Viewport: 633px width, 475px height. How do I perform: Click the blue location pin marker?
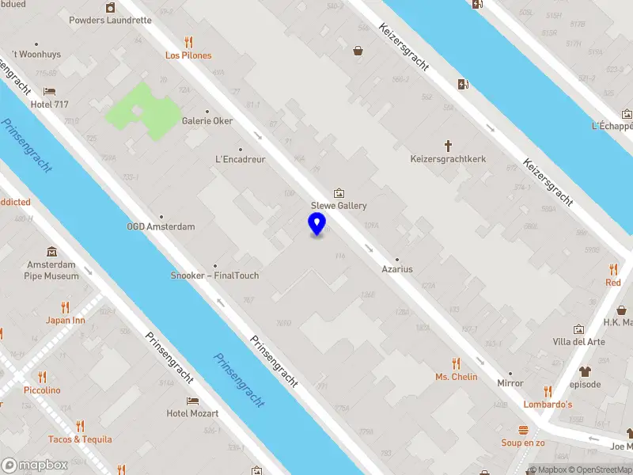(316, 224)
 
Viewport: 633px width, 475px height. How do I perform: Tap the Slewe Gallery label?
(339, 206)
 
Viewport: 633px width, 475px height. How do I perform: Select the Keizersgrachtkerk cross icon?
(448, 146)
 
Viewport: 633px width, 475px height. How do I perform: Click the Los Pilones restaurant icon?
(188, 42)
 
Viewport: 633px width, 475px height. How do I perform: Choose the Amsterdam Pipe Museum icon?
(52, 251)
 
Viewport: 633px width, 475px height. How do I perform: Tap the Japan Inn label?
(66, 321)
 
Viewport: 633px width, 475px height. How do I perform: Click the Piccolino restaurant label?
(42, 390)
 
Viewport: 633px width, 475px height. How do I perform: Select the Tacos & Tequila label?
(80, 439)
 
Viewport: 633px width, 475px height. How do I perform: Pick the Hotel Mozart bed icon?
(192, 401)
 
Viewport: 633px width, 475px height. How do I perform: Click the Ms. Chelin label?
(457, 377)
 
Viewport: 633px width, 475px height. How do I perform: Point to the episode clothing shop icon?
(586, 370)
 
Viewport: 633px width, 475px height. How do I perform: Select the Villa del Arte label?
(579, 342)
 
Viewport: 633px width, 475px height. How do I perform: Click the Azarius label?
(398, 269)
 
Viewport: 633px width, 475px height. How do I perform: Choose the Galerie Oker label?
(207, 121)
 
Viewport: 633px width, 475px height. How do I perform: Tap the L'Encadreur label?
(241, 158)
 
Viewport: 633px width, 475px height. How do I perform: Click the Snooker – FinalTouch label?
(215, 275)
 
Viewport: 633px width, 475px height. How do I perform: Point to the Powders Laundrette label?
(110, 20)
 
